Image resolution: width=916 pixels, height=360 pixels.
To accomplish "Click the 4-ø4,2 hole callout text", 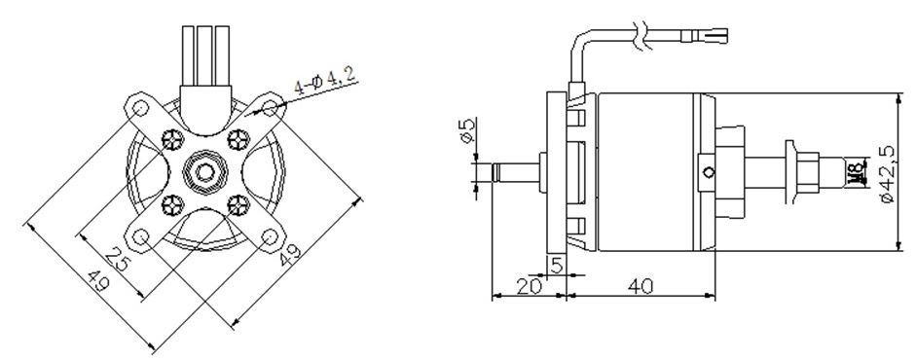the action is (324, 80).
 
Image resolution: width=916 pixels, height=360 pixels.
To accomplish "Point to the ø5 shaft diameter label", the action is (466, 130).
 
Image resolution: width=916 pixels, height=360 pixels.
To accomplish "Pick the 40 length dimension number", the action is (641, 286).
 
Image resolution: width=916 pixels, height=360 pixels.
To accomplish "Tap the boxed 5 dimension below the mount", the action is (556, 266).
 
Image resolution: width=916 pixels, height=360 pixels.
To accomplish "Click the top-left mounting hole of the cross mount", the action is (140, 109).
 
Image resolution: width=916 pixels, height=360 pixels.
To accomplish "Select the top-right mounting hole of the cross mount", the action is (270, 108).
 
